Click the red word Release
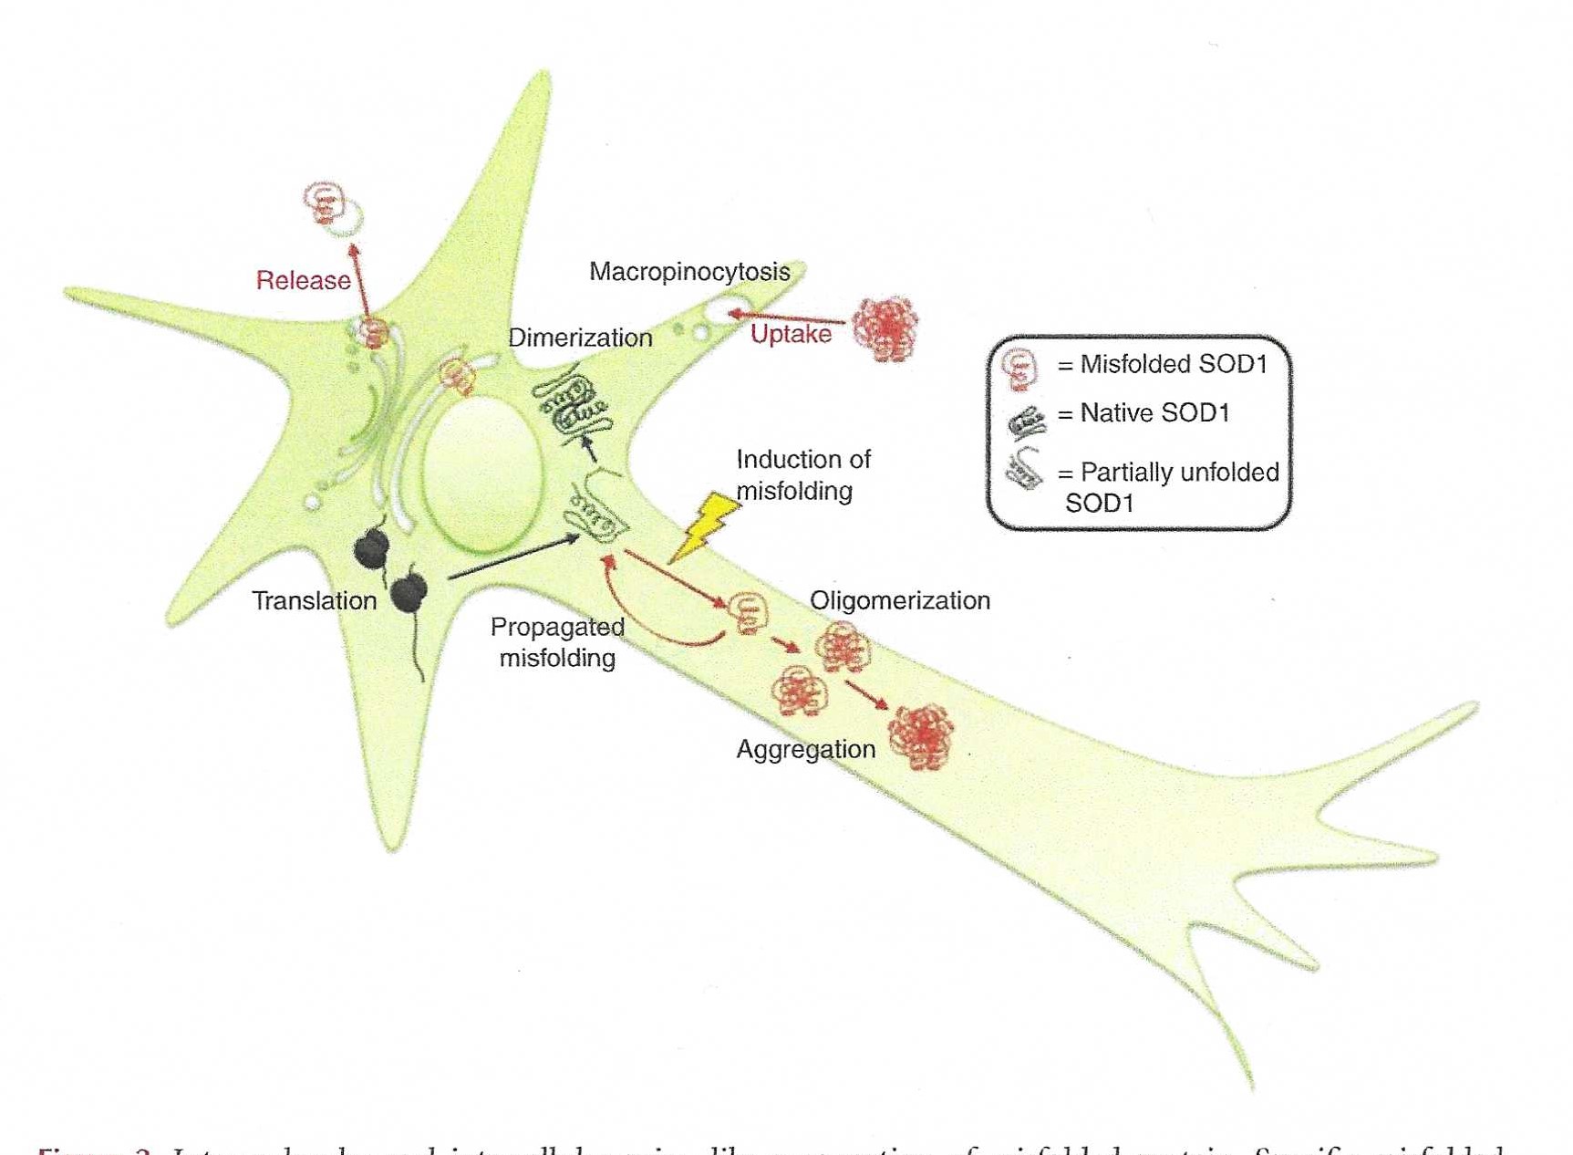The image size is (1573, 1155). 303,280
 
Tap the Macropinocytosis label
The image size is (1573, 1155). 689,272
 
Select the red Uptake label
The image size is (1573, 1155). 791,334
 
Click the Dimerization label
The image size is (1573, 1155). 580,338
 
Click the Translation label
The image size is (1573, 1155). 314,600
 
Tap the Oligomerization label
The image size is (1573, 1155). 899,600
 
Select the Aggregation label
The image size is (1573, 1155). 805,749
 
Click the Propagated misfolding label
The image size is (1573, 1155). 557,642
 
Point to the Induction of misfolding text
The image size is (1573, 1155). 802,475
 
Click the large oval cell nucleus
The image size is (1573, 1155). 481,474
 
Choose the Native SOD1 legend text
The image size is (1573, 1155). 1154,413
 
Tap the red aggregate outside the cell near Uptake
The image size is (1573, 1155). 885,328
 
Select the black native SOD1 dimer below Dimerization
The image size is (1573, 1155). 572,406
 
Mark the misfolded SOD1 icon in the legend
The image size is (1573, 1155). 1019,368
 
